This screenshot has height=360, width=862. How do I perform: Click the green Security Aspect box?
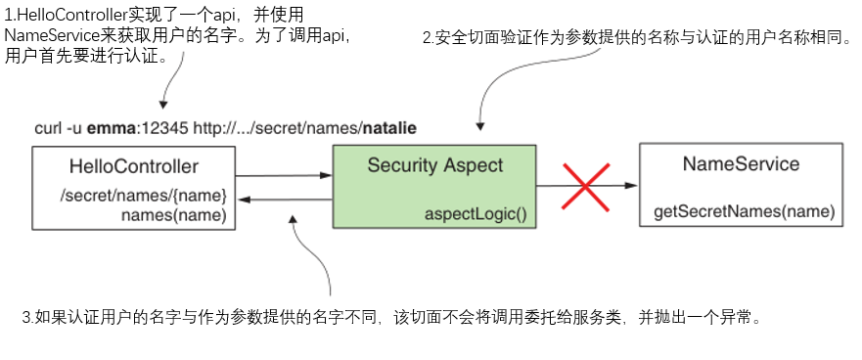pos(434,187)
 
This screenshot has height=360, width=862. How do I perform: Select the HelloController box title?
pos(134,166)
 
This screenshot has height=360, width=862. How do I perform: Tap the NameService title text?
pos(740,163)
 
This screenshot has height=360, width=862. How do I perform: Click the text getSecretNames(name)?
pos(744,211)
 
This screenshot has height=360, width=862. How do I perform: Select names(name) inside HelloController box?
pos(174,214)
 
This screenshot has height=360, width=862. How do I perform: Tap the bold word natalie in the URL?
pos(390,128)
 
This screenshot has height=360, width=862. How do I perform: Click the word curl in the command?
pos(48,128)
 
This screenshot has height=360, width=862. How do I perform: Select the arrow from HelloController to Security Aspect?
pos(283,176)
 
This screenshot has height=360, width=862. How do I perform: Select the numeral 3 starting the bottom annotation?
pos(26,318)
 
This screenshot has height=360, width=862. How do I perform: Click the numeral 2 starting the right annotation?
pos(427,39)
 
